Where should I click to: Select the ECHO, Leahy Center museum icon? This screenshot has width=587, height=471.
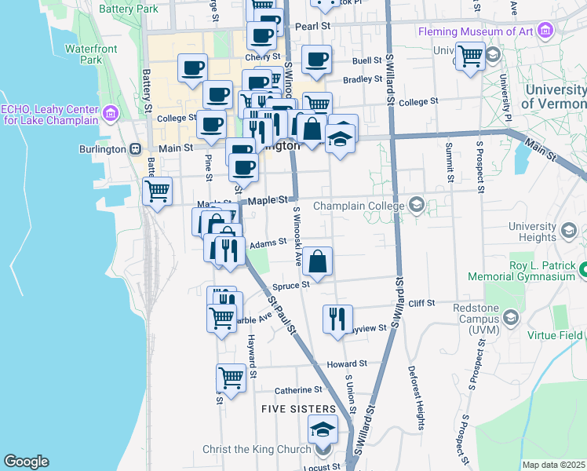click(110, 115)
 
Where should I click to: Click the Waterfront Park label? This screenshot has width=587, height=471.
click(84, 53)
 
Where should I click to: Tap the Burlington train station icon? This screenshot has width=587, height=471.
click(136, 149)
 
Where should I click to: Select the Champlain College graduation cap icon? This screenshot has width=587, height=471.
click(416, 206)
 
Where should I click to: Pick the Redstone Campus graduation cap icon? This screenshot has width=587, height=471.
click(512, 318)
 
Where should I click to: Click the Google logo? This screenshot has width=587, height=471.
click(26, 462)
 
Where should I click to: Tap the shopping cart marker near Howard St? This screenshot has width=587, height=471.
click(231, 378)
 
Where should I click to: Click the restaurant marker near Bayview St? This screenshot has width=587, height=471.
click(337, 319)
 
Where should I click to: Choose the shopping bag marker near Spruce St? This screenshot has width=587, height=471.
click(318, 261)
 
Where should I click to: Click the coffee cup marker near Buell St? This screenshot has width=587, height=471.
click(316, 60)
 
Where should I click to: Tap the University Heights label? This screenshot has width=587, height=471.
click(532, 231)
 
